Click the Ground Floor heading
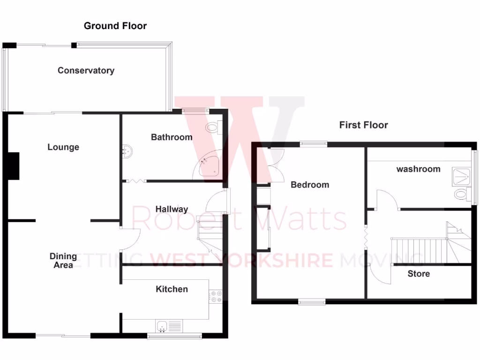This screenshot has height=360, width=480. coord(115,26)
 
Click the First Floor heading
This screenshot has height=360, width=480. coord(363,125)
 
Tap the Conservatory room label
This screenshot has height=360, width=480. coord(86,71)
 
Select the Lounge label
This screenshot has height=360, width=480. coord(63,147)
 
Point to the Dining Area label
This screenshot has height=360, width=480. coord(63,261)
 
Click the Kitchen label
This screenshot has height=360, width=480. coord(172,289)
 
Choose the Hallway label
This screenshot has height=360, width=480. coord(172,210)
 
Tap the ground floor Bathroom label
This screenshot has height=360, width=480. coord(172,137)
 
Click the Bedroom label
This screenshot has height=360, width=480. coord(310,185)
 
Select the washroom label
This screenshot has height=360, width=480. coord(418,169)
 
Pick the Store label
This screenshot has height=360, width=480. coord(418,274)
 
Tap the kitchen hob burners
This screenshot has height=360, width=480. coord(216,296)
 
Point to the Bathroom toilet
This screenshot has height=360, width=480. coord(214,127)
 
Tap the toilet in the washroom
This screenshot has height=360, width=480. coord(461,194)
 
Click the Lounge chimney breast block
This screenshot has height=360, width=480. coord(14,166)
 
